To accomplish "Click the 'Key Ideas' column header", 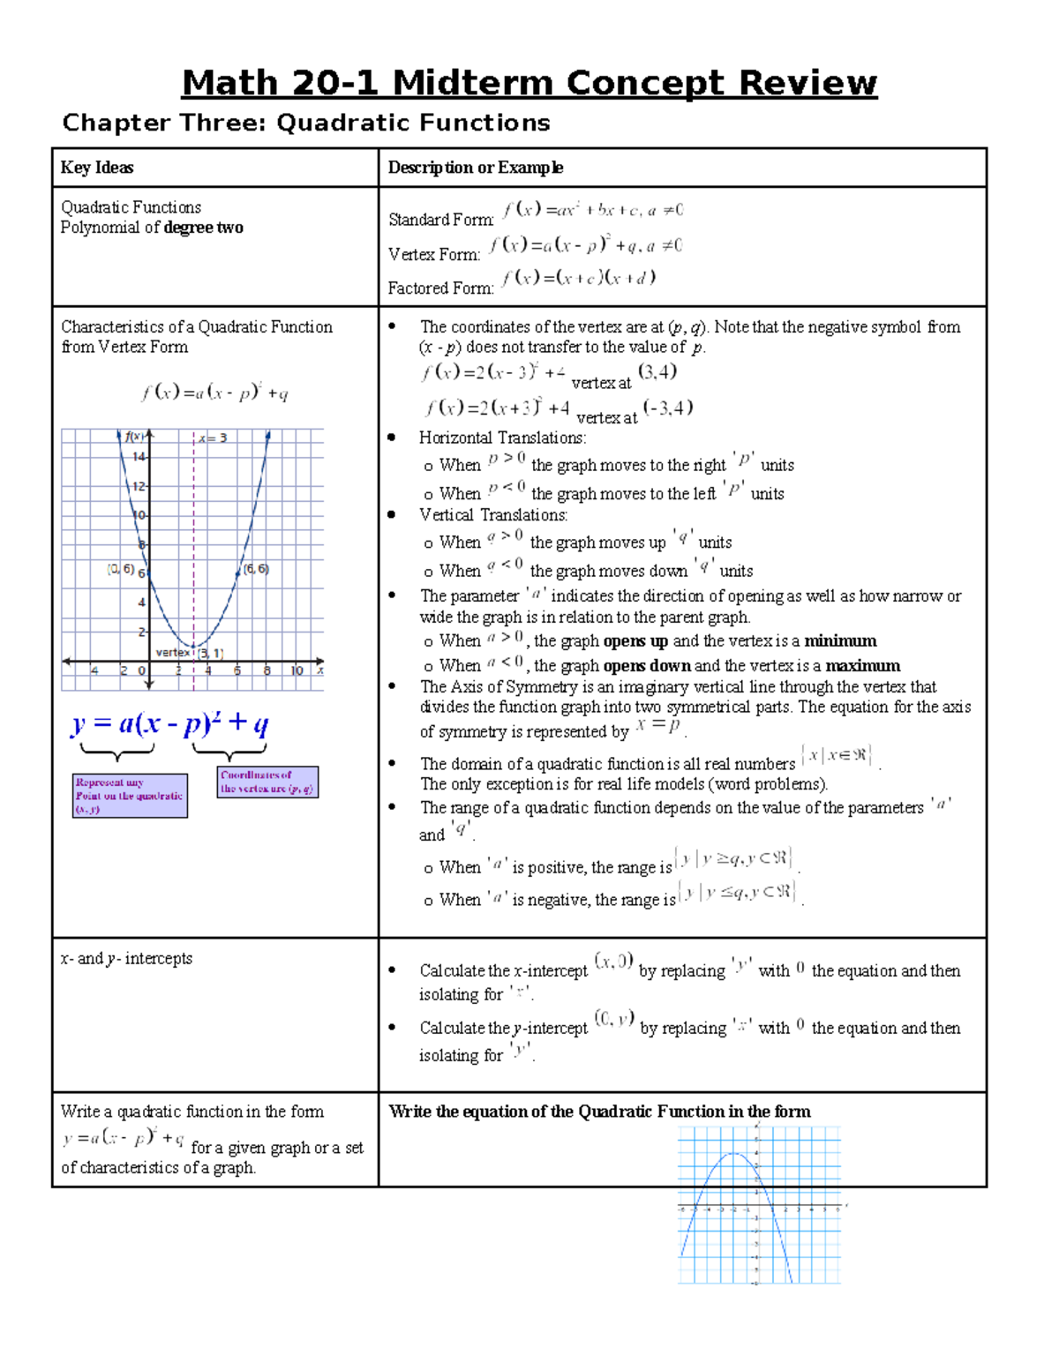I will [x=97, y=168].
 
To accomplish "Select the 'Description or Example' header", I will [x=476, y=168].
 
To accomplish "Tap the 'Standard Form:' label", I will [x=440, y=220].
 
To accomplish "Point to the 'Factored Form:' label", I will [x=440, y=288].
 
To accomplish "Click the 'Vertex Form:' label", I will [x=434, y=254].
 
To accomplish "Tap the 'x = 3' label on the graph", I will [x=213, y=438].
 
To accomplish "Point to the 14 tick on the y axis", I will [x=139, y=456].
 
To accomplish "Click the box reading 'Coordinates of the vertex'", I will [x=267, y=782].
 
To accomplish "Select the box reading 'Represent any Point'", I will [x=130, y=796].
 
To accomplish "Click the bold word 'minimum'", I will [x=840, y=641].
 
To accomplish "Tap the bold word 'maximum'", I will [x=862, y=666].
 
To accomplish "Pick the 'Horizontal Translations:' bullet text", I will [x=502, y=438].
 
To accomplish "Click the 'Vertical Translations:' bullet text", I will [x=493, y=515].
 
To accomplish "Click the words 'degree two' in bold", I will [x=203, y=228].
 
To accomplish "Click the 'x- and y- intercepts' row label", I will [x=126, y=958].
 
